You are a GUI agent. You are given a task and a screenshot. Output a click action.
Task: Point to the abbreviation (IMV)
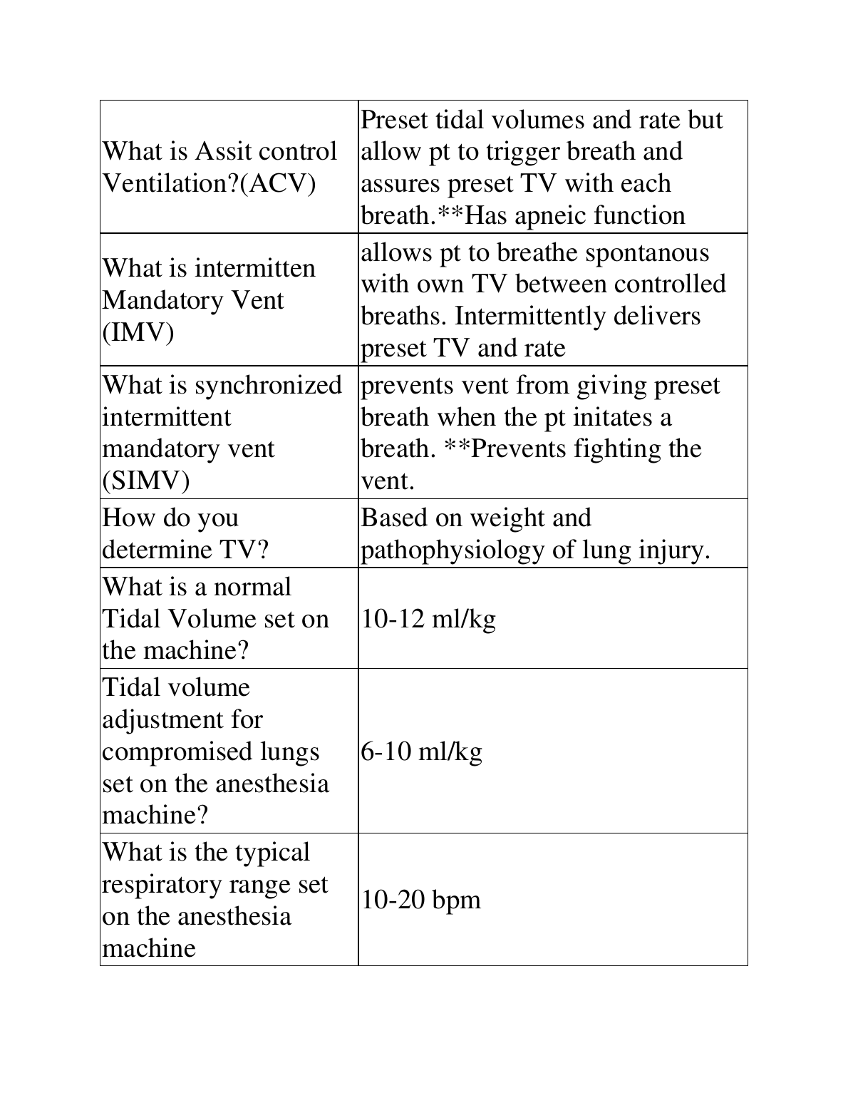coord(138,333)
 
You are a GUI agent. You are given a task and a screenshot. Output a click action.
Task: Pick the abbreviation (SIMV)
coord(146,481)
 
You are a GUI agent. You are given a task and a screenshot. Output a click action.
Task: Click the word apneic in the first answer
coord(549,215)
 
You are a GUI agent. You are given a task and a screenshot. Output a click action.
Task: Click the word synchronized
coord(268,385)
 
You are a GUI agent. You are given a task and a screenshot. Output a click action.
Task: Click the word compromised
coord(182,752)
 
